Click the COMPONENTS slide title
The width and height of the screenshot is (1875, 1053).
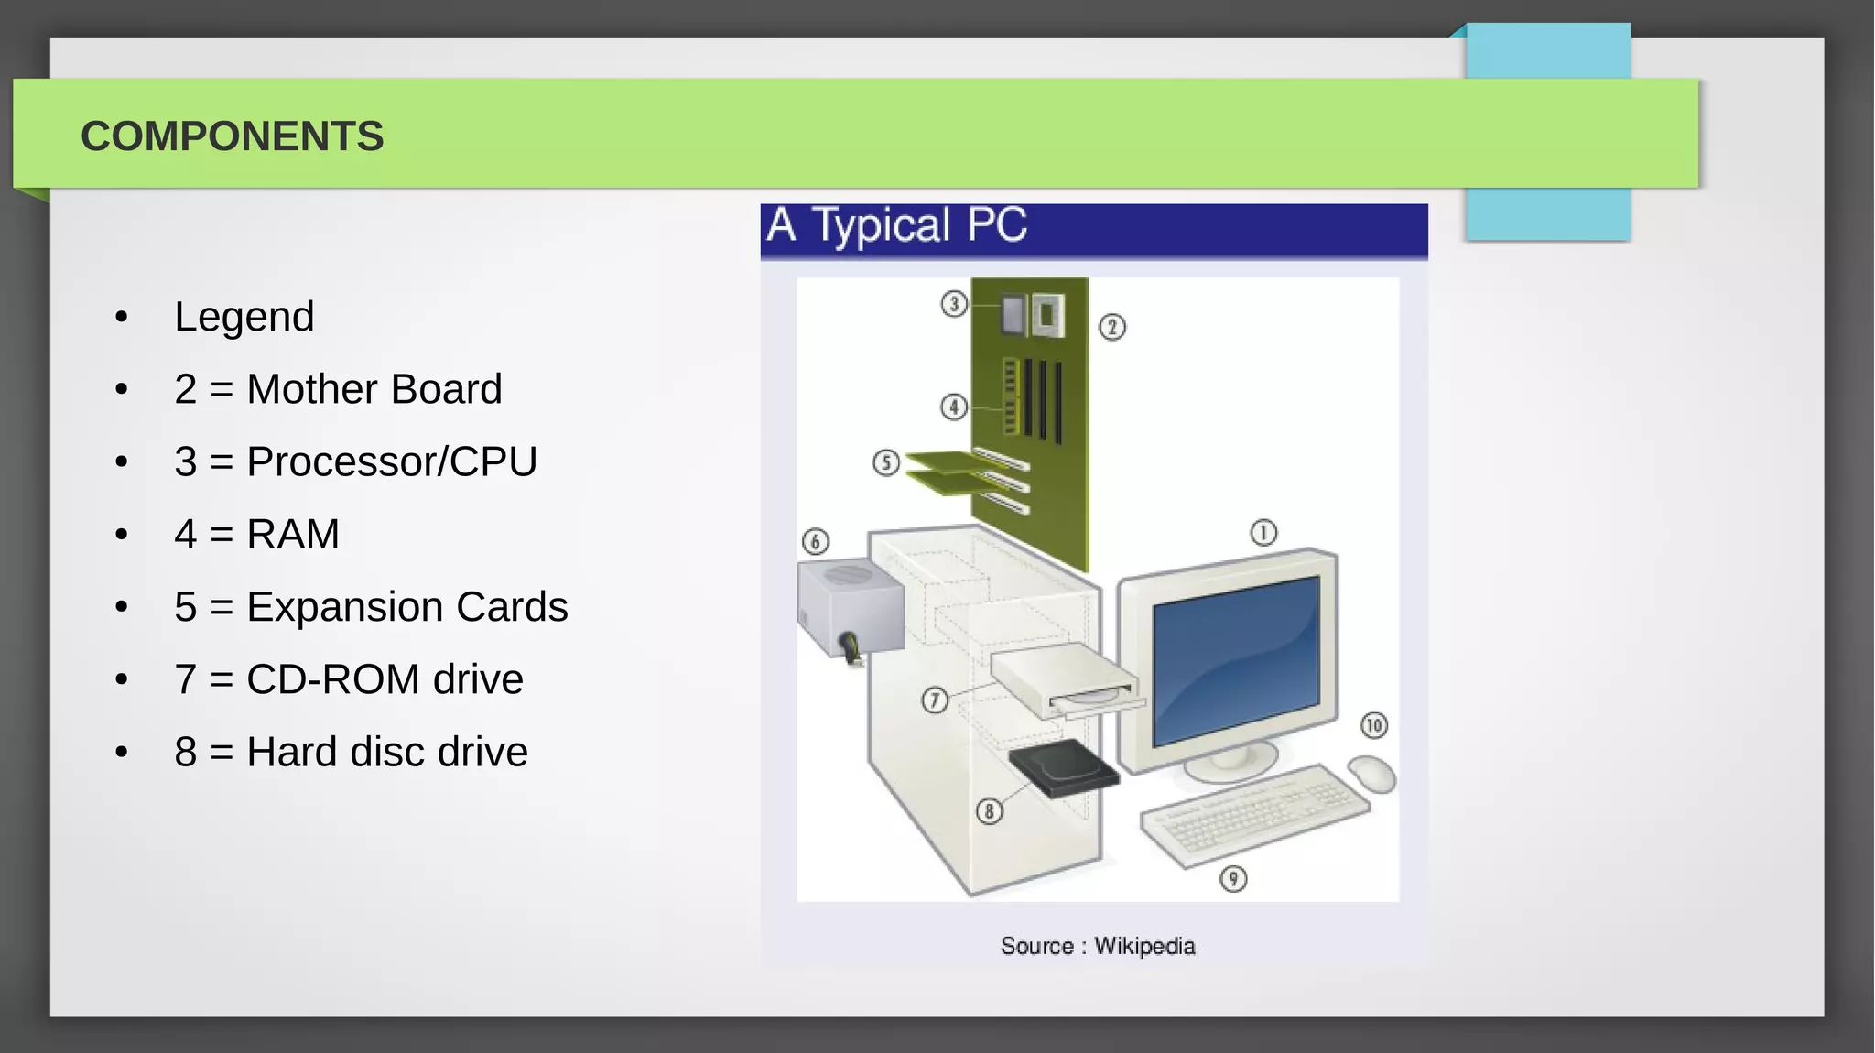232,136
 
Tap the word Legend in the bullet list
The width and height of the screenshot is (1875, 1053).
244,317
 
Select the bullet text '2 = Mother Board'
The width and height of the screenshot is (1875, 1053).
338,389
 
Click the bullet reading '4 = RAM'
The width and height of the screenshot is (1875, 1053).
256,534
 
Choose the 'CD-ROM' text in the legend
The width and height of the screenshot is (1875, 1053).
333,679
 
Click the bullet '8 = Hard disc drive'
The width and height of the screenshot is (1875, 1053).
351,752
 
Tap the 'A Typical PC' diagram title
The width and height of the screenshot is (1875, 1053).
897,226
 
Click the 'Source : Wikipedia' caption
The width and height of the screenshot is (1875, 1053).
1097,946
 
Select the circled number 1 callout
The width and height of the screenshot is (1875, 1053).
1263,533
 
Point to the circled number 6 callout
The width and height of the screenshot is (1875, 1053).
816,542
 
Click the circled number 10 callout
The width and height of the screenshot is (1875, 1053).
1373,726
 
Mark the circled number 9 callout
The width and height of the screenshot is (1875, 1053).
1233,879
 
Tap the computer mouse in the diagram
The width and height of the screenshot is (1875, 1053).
1371,774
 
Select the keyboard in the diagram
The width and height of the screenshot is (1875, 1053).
1254,814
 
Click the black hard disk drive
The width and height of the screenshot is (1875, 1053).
1063,769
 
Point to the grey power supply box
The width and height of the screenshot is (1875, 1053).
851,606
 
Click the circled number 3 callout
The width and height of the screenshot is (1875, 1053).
954,303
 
